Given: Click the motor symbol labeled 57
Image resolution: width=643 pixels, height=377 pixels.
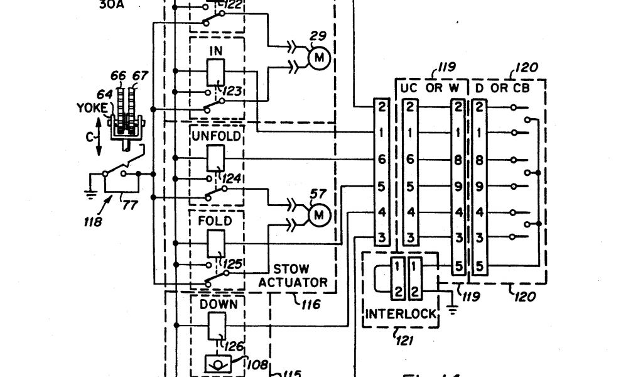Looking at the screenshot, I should click(319, 216).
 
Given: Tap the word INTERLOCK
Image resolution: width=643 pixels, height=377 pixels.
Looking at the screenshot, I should click(401, 314).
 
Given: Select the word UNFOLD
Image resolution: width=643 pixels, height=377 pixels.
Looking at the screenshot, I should click(217, 136).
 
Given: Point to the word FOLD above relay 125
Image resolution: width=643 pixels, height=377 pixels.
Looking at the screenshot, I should click(215, 221).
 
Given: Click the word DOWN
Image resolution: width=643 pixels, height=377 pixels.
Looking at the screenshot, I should click(218, 304).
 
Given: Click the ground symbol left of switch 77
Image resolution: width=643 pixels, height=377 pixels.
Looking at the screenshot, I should click(91, 193).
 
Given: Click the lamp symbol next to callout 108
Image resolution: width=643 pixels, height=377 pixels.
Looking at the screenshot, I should click(218, 364).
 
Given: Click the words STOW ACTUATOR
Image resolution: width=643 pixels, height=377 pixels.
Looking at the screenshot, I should click(292, 275).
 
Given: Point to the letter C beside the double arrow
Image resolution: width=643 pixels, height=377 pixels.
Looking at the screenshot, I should click(89, 136).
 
